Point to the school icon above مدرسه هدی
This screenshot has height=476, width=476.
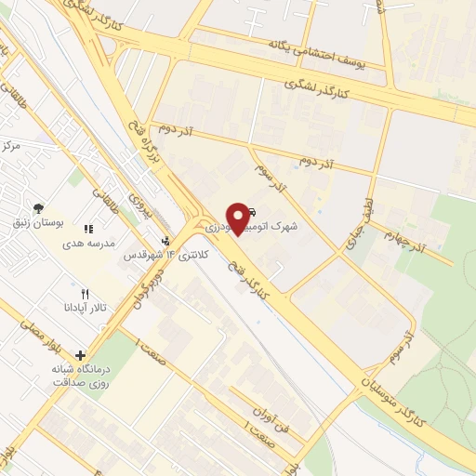point(88,229)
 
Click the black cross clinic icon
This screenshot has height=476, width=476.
point(81,354)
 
